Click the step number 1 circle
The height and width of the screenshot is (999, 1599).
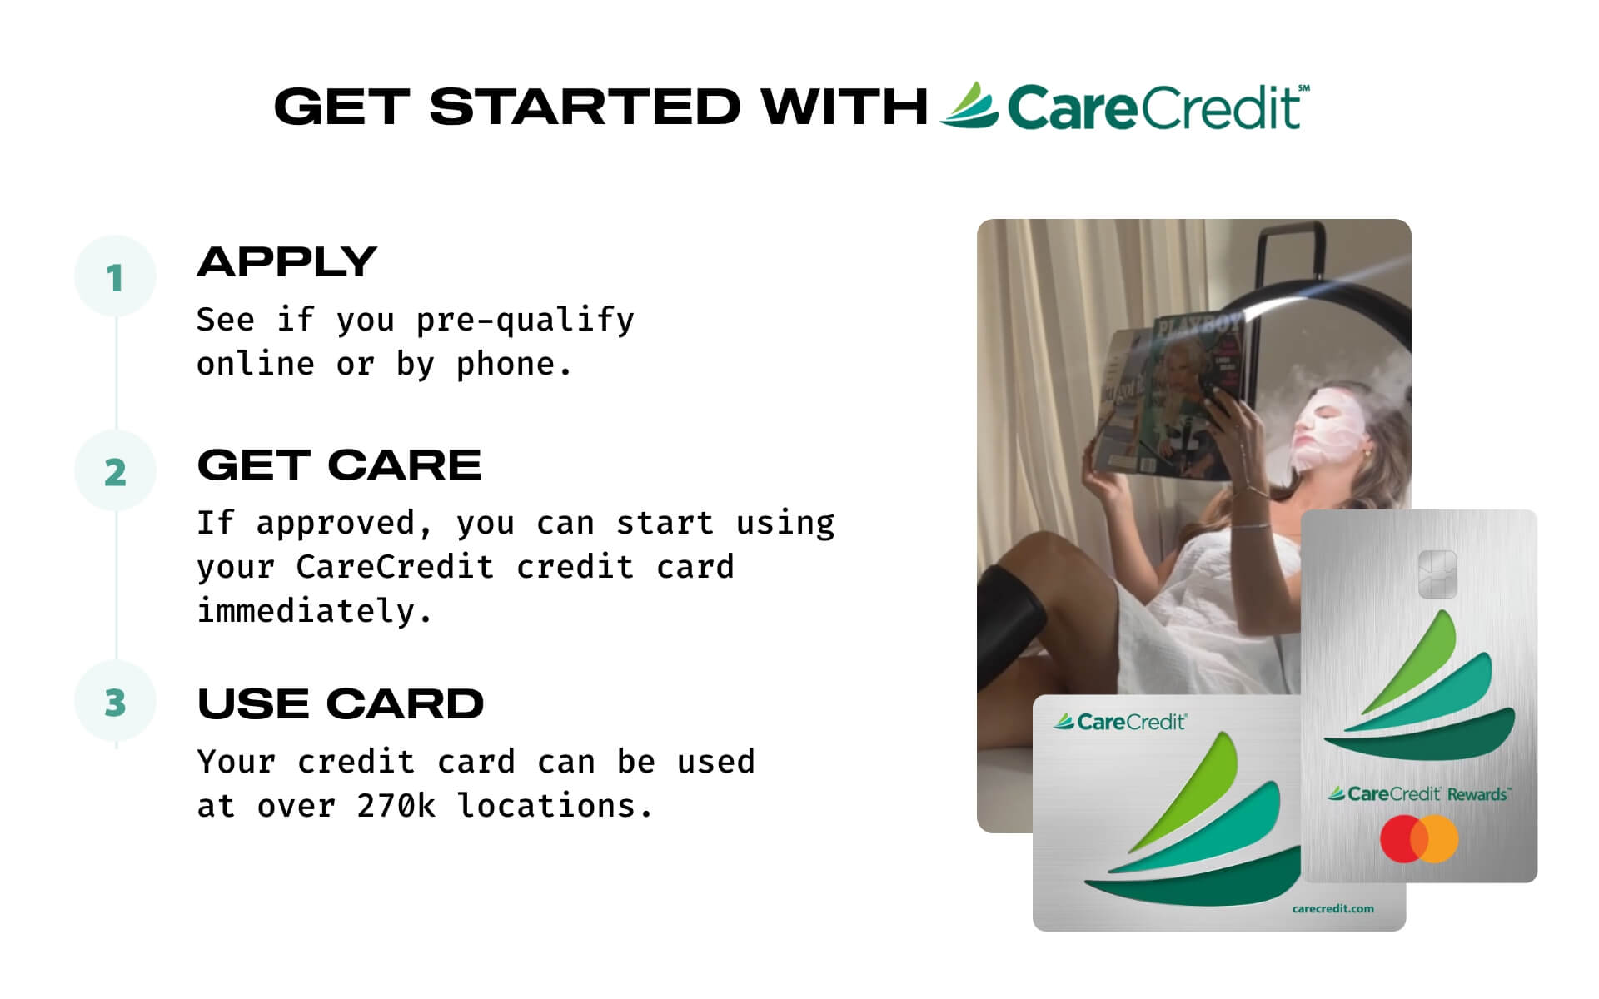(x=115, y=277)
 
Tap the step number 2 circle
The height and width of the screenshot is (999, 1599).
(x=115, y=472)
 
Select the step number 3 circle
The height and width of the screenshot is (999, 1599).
(x=115, y=703)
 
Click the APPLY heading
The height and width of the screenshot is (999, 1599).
(x=286, y=262)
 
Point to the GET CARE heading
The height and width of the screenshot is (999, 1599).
(x=339, y=465)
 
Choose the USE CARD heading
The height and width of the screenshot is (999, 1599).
(x=340, y=704)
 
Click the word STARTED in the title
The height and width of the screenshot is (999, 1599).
(x=584, y=107)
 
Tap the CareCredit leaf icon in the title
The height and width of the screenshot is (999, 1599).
(x=969, y=106)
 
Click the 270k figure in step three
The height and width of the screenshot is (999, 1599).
(x=396, y=806)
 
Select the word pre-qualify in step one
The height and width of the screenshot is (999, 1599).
(x=525, y=320)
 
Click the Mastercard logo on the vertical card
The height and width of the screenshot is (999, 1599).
(x=1418, y=839)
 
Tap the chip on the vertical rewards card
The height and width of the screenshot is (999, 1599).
(x=1437, y=574)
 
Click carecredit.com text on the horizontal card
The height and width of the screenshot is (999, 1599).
(x=1332, y=908)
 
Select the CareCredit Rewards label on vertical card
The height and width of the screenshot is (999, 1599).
(x=1417, y=794)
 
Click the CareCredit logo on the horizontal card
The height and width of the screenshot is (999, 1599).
(x=1120, y=722)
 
